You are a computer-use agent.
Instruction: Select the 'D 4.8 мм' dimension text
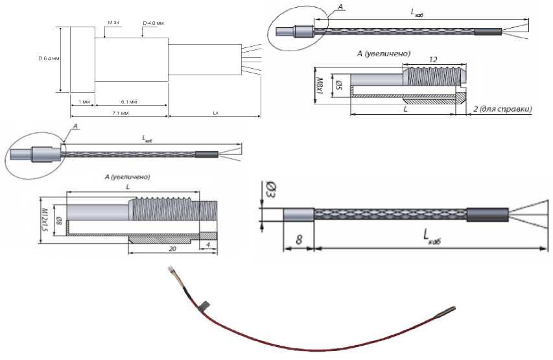pos(153,23)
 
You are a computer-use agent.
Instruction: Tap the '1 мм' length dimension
pos(82,102)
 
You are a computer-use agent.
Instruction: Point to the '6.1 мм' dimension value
pos(129,102)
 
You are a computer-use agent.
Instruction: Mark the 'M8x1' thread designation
pos(319,82)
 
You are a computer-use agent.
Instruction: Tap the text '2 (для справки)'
pos(504,108)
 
